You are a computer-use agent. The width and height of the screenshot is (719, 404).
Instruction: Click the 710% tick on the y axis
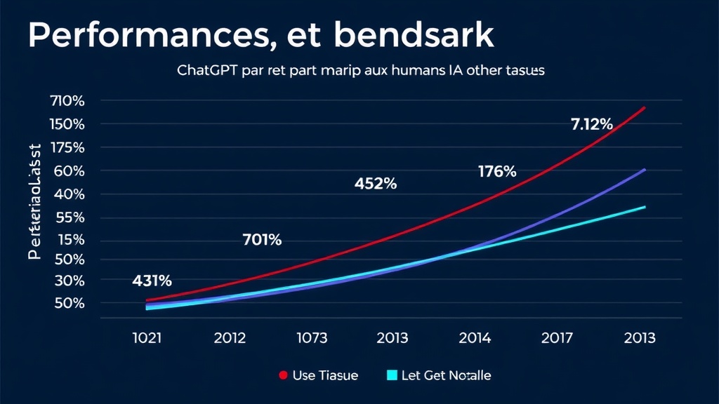67,101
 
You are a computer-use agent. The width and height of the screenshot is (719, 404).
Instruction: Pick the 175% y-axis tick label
67,147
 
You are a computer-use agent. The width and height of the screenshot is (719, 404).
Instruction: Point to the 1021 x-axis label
147,338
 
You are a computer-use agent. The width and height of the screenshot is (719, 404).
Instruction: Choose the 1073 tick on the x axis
312,338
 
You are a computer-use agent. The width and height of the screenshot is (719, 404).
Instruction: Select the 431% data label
152,281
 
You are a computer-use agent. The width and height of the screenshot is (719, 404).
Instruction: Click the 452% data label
375,184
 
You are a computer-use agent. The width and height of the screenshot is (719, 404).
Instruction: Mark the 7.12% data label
592,125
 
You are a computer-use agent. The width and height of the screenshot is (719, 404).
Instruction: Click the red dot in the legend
284,375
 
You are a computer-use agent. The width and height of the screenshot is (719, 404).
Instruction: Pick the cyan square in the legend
393,375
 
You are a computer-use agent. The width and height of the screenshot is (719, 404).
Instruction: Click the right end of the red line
644,107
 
